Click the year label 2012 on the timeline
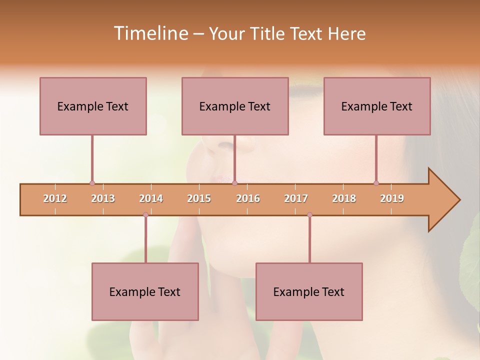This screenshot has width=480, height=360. point(55,198)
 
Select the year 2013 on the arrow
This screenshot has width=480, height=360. point(103,198)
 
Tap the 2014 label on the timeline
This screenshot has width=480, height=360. point(151,198)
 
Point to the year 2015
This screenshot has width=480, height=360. point(199,198)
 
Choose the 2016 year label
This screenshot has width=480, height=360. point(248,198)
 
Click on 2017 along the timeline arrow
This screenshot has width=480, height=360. point(296,198)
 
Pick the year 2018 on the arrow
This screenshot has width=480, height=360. point(344,198)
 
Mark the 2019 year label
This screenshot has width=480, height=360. point(392,198)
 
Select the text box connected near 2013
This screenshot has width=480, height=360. point(93,106)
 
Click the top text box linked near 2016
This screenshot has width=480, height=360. point(235,106)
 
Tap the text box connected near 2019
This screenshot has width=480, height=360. point(377,106)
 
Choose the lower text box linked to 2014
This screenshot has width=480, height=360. point(145,291)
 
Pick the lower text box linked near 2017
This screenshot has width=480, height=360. point(309,291)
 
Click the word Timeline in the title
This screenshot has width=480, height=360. point(150,33)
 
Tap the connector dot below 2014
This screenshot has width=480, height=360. point(145,215)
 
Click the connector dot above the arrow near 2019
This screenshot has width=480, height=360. point(376,183)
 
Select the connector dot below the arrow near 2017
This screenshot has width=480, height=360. point(309,215)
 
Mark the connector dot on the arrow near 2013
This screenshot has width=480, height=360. point(92,183)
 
